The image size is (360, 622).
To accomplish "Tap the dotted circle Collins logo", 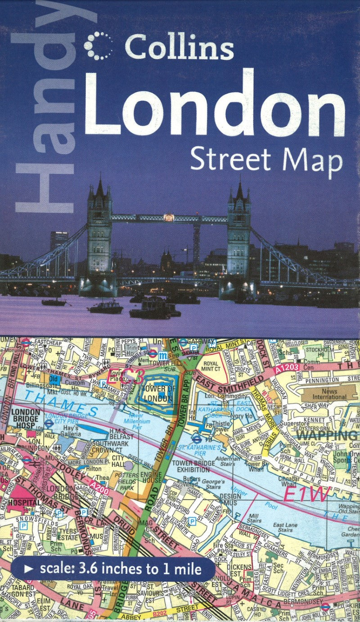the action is coord(99,45).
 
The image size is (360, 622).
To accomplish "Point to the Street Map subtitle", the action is coord(266,160).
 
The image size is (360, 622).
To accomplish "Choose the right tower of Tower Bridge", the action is coord(238,232).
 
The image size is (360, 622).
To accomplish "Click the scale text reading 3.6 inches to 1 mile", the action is coord(121,569).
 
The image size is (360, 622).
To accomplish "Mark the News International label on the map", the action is coord(330,394).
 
